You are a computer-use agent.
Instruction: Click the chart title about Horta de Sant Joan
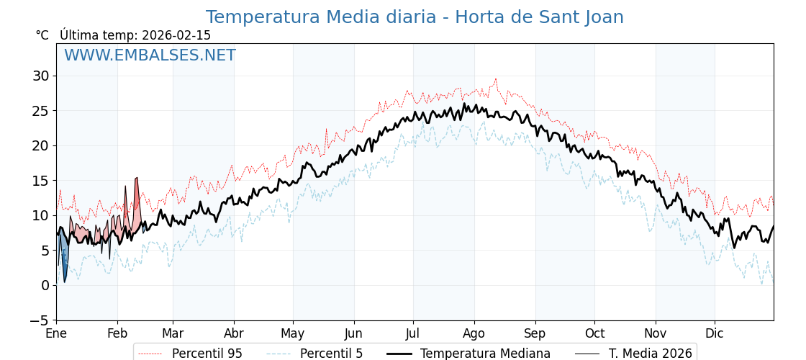click(x=415, y=17)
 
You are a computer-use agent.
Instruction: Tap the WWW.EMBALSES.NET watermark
click(x=150, y=55)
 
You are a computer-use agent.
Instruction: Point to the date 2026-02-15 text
click(x=176, y=35)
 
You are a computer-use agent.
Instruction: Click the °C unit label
click(x=42, y=35)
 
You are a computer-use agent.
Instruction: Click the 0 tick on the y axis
click(x=45, y=285)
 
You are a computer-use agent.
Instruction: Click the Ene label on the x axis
click(x=56, y=334)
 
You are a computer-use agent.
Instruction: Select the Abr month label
click(x=234, y=334)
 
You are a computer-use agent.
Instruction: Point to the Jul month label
click(x=413, y=334)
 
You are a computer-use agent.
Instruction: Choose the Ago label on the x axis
click(x=474, y=334)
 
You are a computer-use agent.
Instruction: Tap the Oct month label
click(x=594, y=334)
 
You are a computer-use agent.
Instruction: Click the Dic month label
click(x=715, y=334)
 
